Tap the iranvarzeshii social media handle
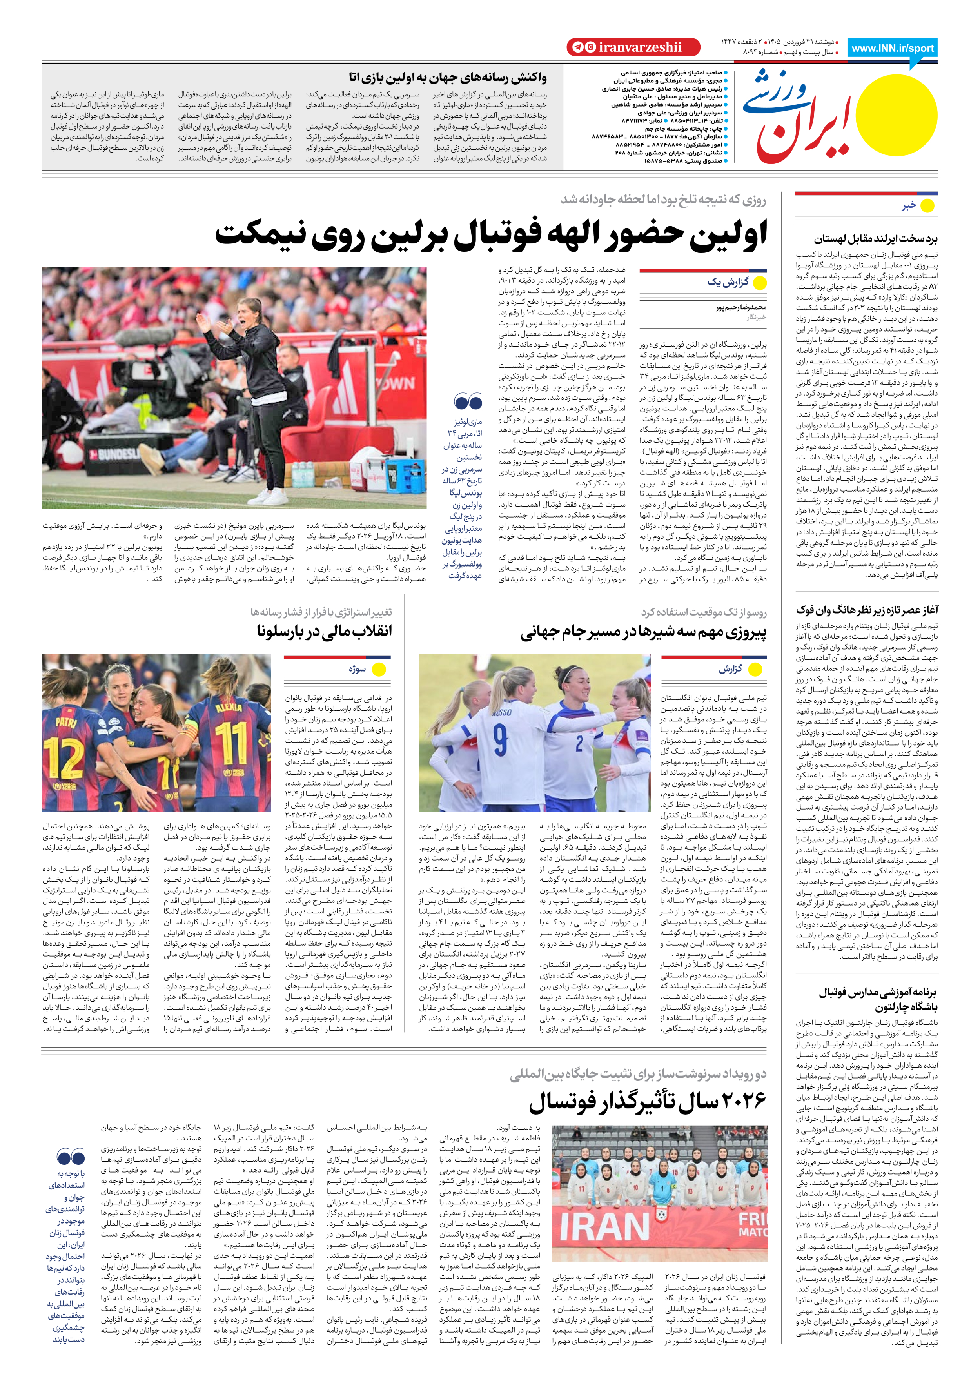(639, 47)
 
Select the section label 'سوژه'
(358, 669)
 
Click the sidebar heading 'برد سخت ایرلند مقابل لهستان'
(876, 239)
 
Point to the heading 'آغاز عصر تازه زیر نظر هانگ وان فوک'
(867, 610)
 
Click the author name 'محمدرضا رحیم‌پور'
(740, 307)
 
